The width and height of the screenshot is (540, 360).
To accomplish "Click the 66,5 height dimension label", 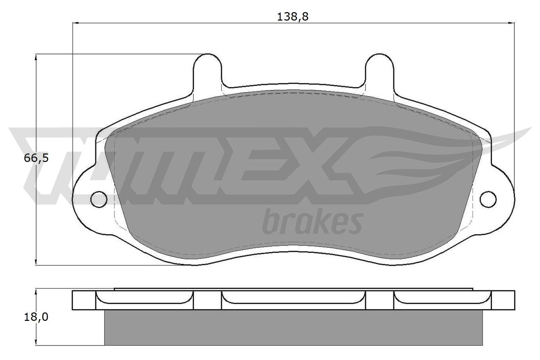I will pyautogui.click(x=36, y=158).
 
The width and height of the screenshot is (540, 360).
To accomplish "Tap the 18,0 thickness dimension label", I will pyautogui.click(x=36, y=317).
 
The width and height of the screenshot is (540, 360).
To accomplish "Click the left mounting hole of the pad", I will pyautogui.click(x=99, y=199).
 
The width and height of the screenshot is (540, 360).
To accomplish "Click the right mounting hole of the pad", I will pyautogui.click(x=488, y=199).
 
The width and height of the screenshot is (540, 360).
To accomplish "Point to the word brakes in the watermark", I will pyautogui.click(x=312, y=222).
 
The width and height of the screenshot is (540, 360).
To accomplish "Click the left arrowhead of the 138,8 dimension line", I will pyautogui.click(x=76, y=23).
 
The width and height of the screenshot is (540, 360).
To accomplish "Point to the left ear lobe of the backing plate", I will pyautogui.click(x=84, y=199).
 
